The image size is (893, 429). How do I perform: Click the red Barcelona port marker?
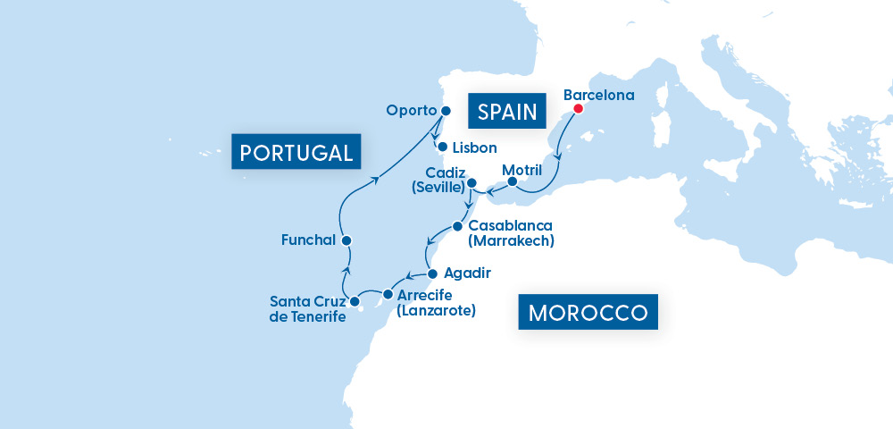coord(578,109)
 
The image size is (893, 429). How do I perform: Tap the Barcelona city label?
coord(599,94)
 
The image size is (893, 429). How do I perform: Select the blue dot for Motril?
coord(513,181)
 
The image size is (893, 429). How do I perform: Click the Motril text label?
coord(522,168)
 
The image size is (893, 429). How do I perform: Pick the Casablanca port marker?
coord(457,225)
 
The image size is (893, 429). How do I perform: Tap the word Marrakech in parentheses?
coord(511,240)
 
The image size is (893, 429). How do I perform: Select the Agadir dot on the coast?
coord(432,273)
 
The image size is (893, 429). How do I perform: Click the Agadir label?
coord(468,273)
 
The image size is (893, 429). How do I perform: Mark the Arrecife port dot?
coord(388,293)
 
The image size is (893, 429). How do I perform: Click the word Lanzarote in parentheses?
coord(437,311)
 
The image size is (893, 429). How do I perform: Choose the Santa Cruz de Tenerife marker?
coord(355,301)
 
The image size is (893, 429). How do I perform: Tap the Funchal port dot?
coord(346,240)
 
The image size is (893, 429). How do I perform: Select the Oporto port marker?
coord(446,111)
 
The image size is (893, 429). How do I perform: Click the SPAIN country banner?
coord(506,112)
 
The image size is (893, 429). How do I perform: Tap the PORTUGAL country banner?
coord(296,152)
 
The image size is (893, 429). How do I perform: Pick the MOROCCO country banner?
coord(588,313)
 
